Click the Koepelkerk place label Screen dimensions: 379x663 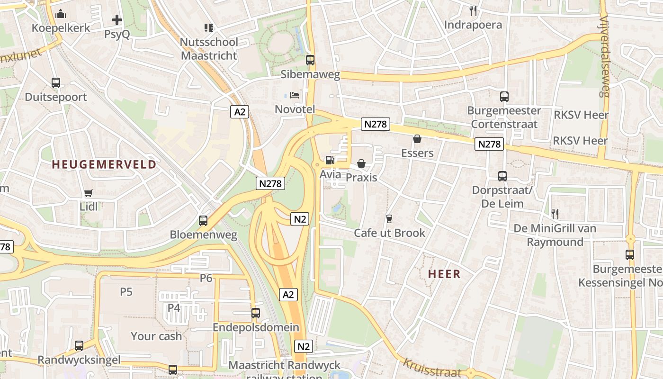(61, 28)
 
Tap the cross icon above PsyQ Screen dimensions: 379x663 (117, 20)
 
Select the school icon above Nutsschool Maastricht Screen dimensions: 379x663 (209, 28)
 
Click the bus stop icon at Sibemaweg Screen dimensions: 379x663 (310, 60)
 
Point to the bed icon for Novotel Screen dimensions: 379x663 (295, 95)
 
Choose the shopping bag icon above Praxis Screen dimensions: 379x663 (361, 163)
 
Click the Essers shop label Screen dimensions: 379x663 (417, 153)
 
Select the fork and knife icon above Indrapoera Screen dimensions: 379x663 (473, 11)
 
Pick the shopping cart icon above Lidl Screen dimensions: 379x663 (89, 193)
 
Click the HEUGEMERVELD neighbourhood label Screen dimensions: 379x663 (104, 164)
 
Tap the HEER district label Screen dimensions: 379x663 (444, 274)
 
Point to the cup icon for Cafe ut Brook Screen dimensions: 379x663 (389, 218)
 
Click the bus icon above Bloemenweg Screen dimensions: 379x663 (203, 220)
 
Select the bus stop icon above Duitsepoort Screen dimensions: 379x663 (56, 83)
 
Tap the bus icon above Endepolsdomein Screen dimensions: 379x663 (256, 313)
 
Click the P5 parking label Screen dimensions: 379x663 (126, 291)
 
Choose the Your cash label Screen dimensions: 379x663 (156, 336)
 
